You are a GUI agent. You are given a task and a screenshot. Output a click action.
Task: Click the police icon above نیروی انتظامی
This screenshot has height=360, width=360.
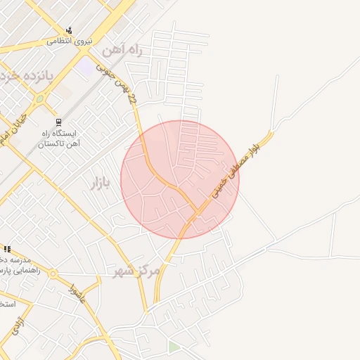click(69, 30)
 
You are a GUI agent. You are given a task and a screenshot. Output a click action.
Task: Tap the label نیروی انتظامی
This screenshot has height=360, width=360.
click(70, 41)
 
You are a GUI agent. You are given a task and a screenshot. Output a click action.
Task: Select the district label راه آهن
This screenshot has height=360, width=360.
click(122, 51)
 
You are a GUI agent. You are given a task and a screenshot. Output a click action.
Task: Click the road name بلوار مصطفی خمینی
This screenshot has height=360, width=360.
click(236, 167)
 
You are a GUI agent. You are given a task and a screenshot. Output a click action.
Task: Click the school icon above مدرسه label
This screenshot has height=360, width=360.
click(7, 249)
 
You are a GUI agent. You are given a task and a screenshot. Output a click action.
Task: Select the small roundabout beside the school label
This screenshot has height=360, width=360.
click(53, 274)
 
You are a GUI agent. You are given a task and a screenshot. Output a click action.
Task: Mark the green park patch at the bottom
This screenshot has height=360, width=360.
click(174, 347)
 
